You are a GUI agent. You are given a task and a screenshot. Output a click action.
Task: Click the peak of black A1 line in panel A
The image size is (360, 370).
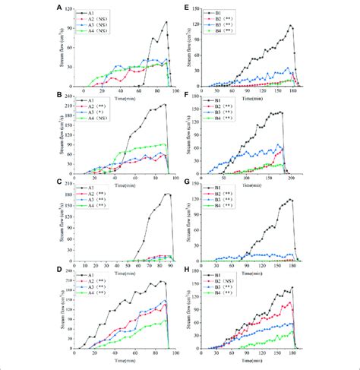[166, 23]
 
